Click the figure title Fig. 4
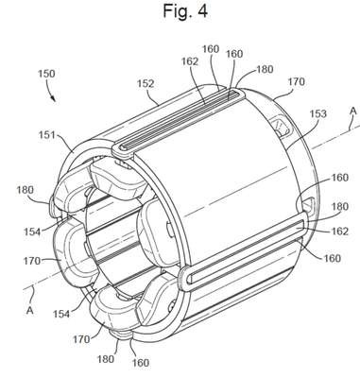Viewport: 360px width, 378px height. pyautogui.click(x=185, y=10)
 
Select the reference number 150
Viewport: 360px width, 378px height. pyautogui.click(x=46, y=74)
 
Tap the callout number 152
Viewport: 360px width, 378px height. pyautogui.click(x=146, y=83)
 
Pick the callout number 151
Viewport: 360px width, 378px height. pyautogui.click(x=47, y=135)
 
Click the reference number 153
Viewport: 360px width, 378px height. pyautogui.click(x=317, y=113)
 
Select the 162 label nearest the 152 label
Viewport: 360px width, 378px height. pyautogui.click(x=190, y=61)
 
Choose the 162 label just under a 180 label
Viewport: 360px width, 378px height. pyautogui.click(x=340, y=232)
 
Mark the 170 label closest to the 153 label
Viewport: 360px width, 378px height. pyautogui.click(x=297, y=82)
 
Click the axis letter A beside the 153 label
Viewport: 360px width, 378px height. pyautogui.click(x=353, y=111)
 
